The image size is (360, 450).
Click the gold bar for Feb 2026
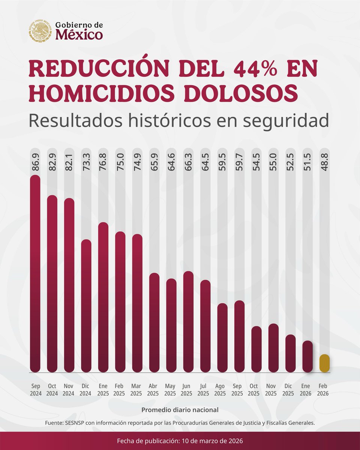click(324, 363)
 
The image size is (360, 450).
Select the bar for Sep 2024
click(35, 274)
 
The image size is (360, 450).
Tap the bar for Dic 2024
click(86, 306)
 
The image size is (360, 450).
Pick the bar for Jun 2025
click(188, 321)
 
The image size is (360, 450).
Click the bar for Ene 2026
click(307, 356)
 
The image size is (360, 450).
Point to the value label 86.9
click(35, 161)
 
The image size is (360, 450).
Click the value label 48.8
click(324, 161)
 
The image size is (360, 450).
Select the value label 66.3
click(188, 161)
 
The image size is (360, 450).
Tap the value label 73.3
click(86, 161)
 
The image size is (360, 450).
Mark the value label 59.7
click(239, 161)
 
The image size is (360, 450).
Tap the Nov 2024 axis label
click(69, 390)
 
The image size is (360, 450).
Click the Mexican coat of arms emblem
click(40, 31)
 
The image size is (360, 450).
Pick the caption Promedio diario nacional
click(180, 410)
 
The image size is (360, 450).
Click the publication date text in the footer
click(180, 441)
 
